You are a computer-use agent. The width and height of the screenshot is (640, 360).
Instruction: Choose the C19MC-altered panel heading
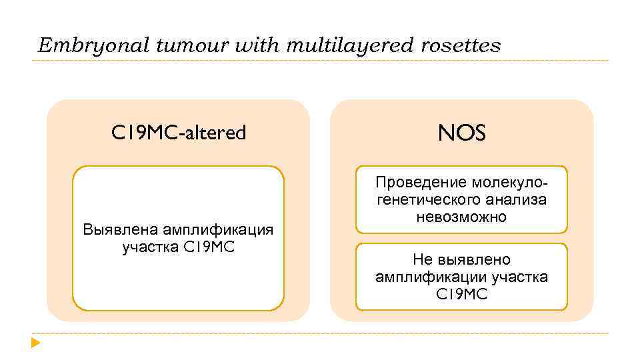pyautogui.click(x=178, y=133)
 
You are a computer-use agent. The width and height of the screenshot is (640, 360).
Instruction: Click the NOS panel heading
pyautogui.click(x=461, y=133)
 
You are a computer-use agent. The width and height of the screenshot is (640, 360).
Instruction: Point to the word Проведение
pyautogui.click(x=421, y=183)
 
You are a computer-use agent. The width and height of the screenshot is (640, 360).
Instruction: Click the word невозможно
pyautogui.click(x=461, y=217)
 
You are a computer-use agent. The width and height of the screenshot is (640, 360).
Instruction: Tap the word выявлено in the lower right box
pyautogui.click(x=473, y=259)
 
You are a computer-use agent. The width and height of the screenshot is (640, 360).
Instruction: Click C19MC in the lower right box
pyautogui.click(x=461, y=294)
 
